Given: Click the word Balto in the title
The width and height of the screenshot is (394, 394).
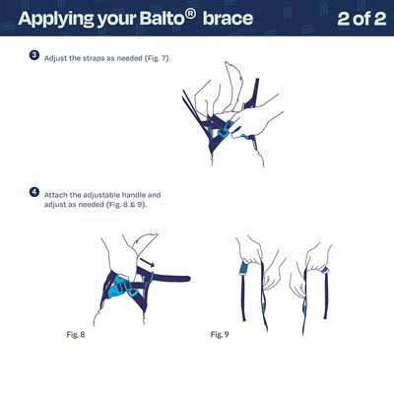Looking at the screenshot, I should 159,19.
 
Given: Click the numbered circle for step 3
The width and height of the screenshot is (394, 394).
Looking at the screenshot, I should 34,56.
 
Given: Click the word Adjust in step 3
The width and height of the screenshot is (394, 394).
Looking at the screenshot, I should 56,58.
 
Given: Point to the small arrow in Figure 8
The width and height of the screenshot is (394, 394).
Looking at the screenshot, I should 146,262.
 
